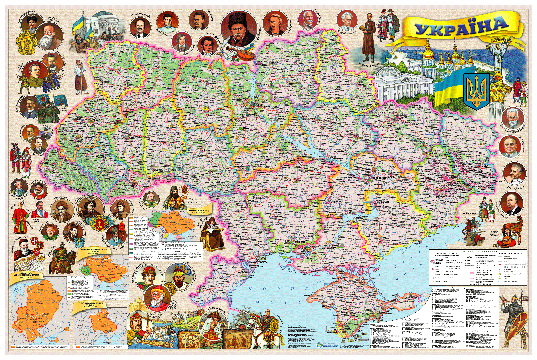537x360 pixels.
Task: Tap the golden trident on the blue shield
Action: (477, 91)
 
